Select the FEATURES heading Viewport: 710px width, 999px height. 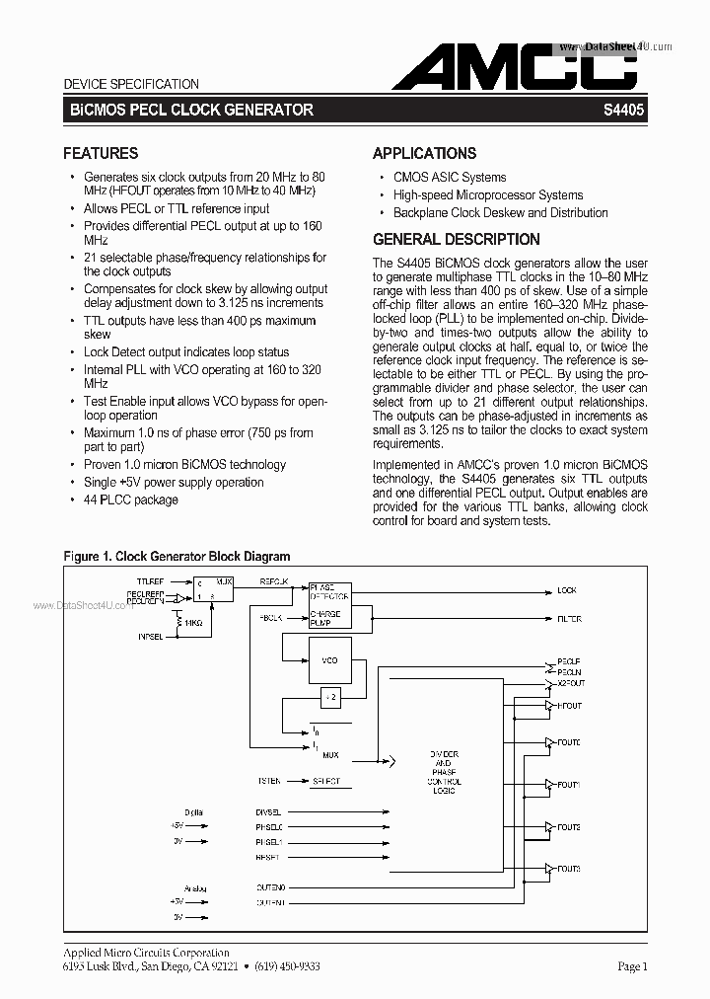(x=101, y=153)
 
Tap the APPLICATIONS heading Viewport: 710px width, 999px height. (x=424, y=153)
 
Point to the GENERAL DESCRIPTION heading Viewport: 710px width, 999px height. (x=456, y=239)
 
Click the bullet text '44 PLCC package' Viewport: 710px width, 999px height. (x=131, y=499)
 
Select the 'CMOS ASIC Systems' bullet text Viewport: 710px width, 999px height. (x=450, y=177)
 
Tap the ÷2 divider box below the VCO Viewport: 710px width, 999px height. (x=329, y=698)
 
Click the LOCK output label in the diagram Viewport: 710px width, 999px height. (x=567, y=590)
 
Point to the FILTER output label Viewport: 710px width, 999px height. (x=569, y=619)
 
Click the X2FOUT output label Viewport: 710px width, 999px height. (x=571, y=683)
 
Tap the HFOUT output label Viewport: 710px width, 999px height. (x=569, y=706)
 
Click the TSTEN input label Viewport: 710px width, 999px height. (x=269, y=781)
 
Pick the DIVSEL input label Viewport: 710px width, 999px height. (x=269, y=811)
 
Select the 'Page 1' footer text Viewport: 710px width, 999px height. (x=632, y=967)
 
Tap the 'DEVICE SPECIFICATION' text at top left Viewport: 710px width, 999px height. (x=131, y=84)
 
